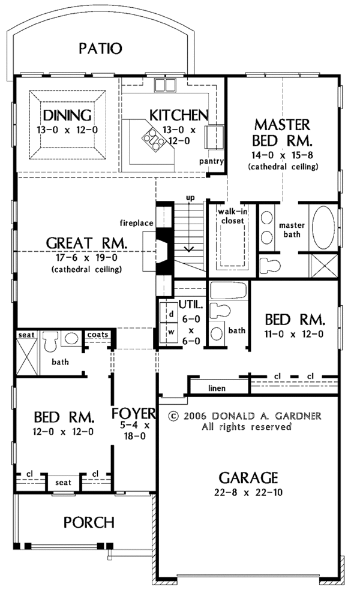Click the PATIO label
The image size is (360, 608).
coord(100,49)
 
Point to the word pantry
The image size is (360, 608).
coord(211,161)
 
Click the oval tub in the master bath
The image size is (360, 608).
coord(323,227)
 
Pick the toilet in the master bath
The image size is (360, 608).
coord(269,266)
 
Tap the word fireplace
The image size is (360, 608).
coord(136,223)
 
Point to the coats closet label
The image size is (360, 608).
coord(97,335)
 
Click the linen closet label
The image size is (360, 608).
coord(217,388)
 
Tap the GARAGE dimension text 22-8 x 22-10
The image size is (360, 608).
coord(248,492)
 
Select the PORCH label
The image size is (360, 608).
coord(89,522)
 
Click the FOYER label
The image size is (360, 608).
coord(133,413)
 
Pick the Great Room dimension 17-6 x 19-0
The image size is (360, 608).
coord(87,257)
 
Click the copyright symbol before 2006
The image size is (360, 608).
coord(174,416)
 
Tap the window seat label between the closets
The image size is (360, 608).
coord(63,483)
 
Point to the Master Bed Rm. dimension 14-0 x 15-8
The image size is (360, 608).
coord(283,155)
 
